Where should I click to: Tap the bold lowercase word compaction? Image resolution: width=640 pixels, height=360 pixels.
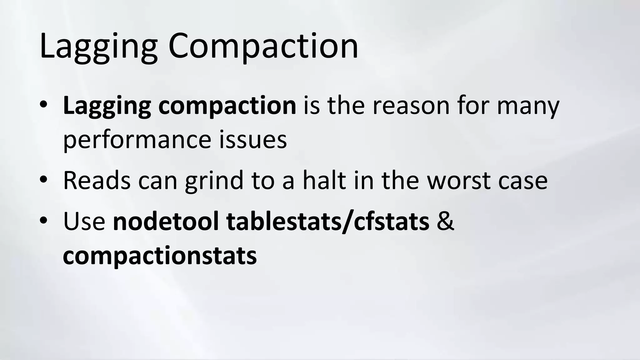227,106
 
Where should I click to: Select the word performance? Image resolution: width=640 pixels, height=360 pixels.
137,140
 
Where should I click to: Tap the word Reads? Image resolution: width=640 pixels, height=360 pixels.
97,181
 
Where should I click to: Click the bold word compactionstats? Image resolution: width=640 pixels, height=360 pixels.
160,256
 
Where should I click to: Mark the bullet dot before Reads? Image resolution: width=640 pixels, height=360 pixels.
43,179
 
